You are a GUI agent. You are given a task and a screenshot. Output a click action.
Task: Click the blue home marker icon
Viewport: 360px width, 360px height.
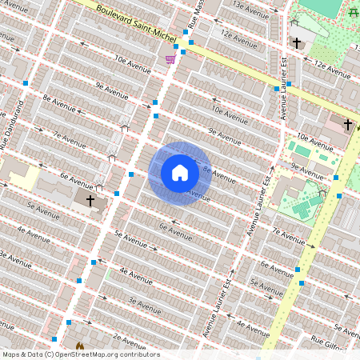tap(180, 173)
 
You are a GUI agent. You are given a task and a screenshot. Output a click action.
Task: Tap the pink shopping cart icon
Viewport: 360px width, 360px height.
tap(170, 58)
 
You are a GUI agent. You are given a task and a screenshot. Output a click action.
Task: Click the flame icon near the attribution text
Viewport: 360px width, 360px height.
tap(79, 346)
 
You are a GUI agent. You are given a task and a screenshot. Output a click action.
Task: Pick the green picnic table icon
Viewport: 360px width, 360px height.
tap(353, 10)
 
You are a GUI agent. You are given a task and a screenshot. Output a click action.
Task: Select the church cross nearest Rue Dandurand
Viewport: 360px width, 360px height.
tap(90, 199)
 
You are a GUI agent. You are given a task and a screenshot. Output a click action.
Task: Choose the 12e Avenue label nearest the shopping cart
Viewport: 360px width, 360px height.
tap(238, 37)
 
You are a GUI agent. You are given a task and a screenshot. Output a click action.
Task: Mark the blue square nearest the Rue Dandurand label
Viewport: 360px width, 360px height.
tap(26, 82)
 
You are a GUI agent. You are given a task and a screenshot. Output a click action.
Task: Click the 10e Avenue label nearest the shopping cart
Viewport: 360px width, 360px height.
tap(132, 63)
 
